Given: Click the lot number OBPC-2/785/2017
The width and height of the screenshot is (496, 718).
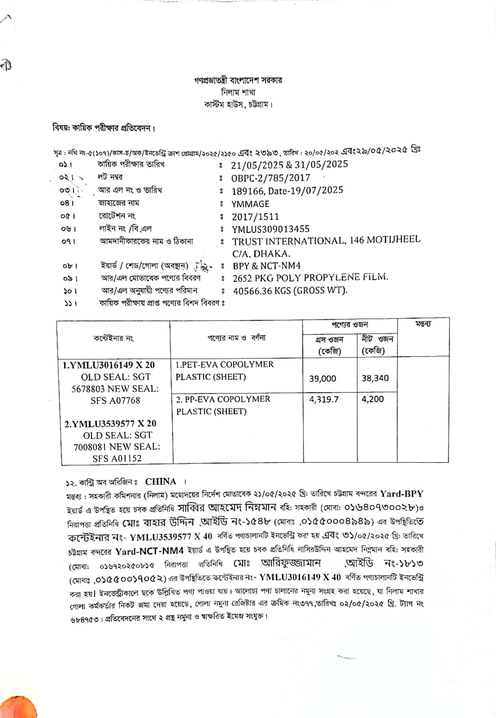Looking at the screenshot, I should [x=270, y=178].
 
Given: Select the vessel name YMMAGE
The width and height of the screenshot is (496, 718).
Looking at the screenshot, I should [x=250, y=204].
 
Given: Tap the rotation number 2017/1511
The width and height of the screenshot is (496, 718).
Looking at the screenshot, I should [x=255, y=217].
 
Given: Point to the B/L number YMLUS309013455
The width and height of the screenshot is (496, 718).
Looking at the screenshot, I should [x=270, y=229].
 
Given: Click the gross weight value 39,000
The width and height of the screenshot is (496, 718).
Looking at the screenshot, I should [x=322, y=379].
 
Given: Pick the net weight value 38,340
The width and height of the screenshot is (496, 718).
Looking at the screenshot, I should [x=375, y=378].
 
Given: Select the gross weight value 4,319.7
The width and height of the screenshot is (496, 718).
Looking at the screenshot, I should [x=323, y=399].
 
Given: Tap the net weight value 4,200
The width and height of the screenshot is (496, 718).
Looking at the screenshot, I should [x=372, y=399].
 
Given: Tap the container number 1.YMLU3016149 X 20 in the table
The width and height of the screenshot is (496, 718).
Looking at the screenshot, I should [x=109, y=365].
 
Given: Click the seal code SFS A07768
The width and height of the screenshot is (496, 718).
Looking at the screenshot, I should [x=115, y=400].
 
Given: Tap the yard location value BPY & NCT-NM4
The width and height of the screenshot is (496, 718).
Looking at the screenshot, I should [x=267, y=266].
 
